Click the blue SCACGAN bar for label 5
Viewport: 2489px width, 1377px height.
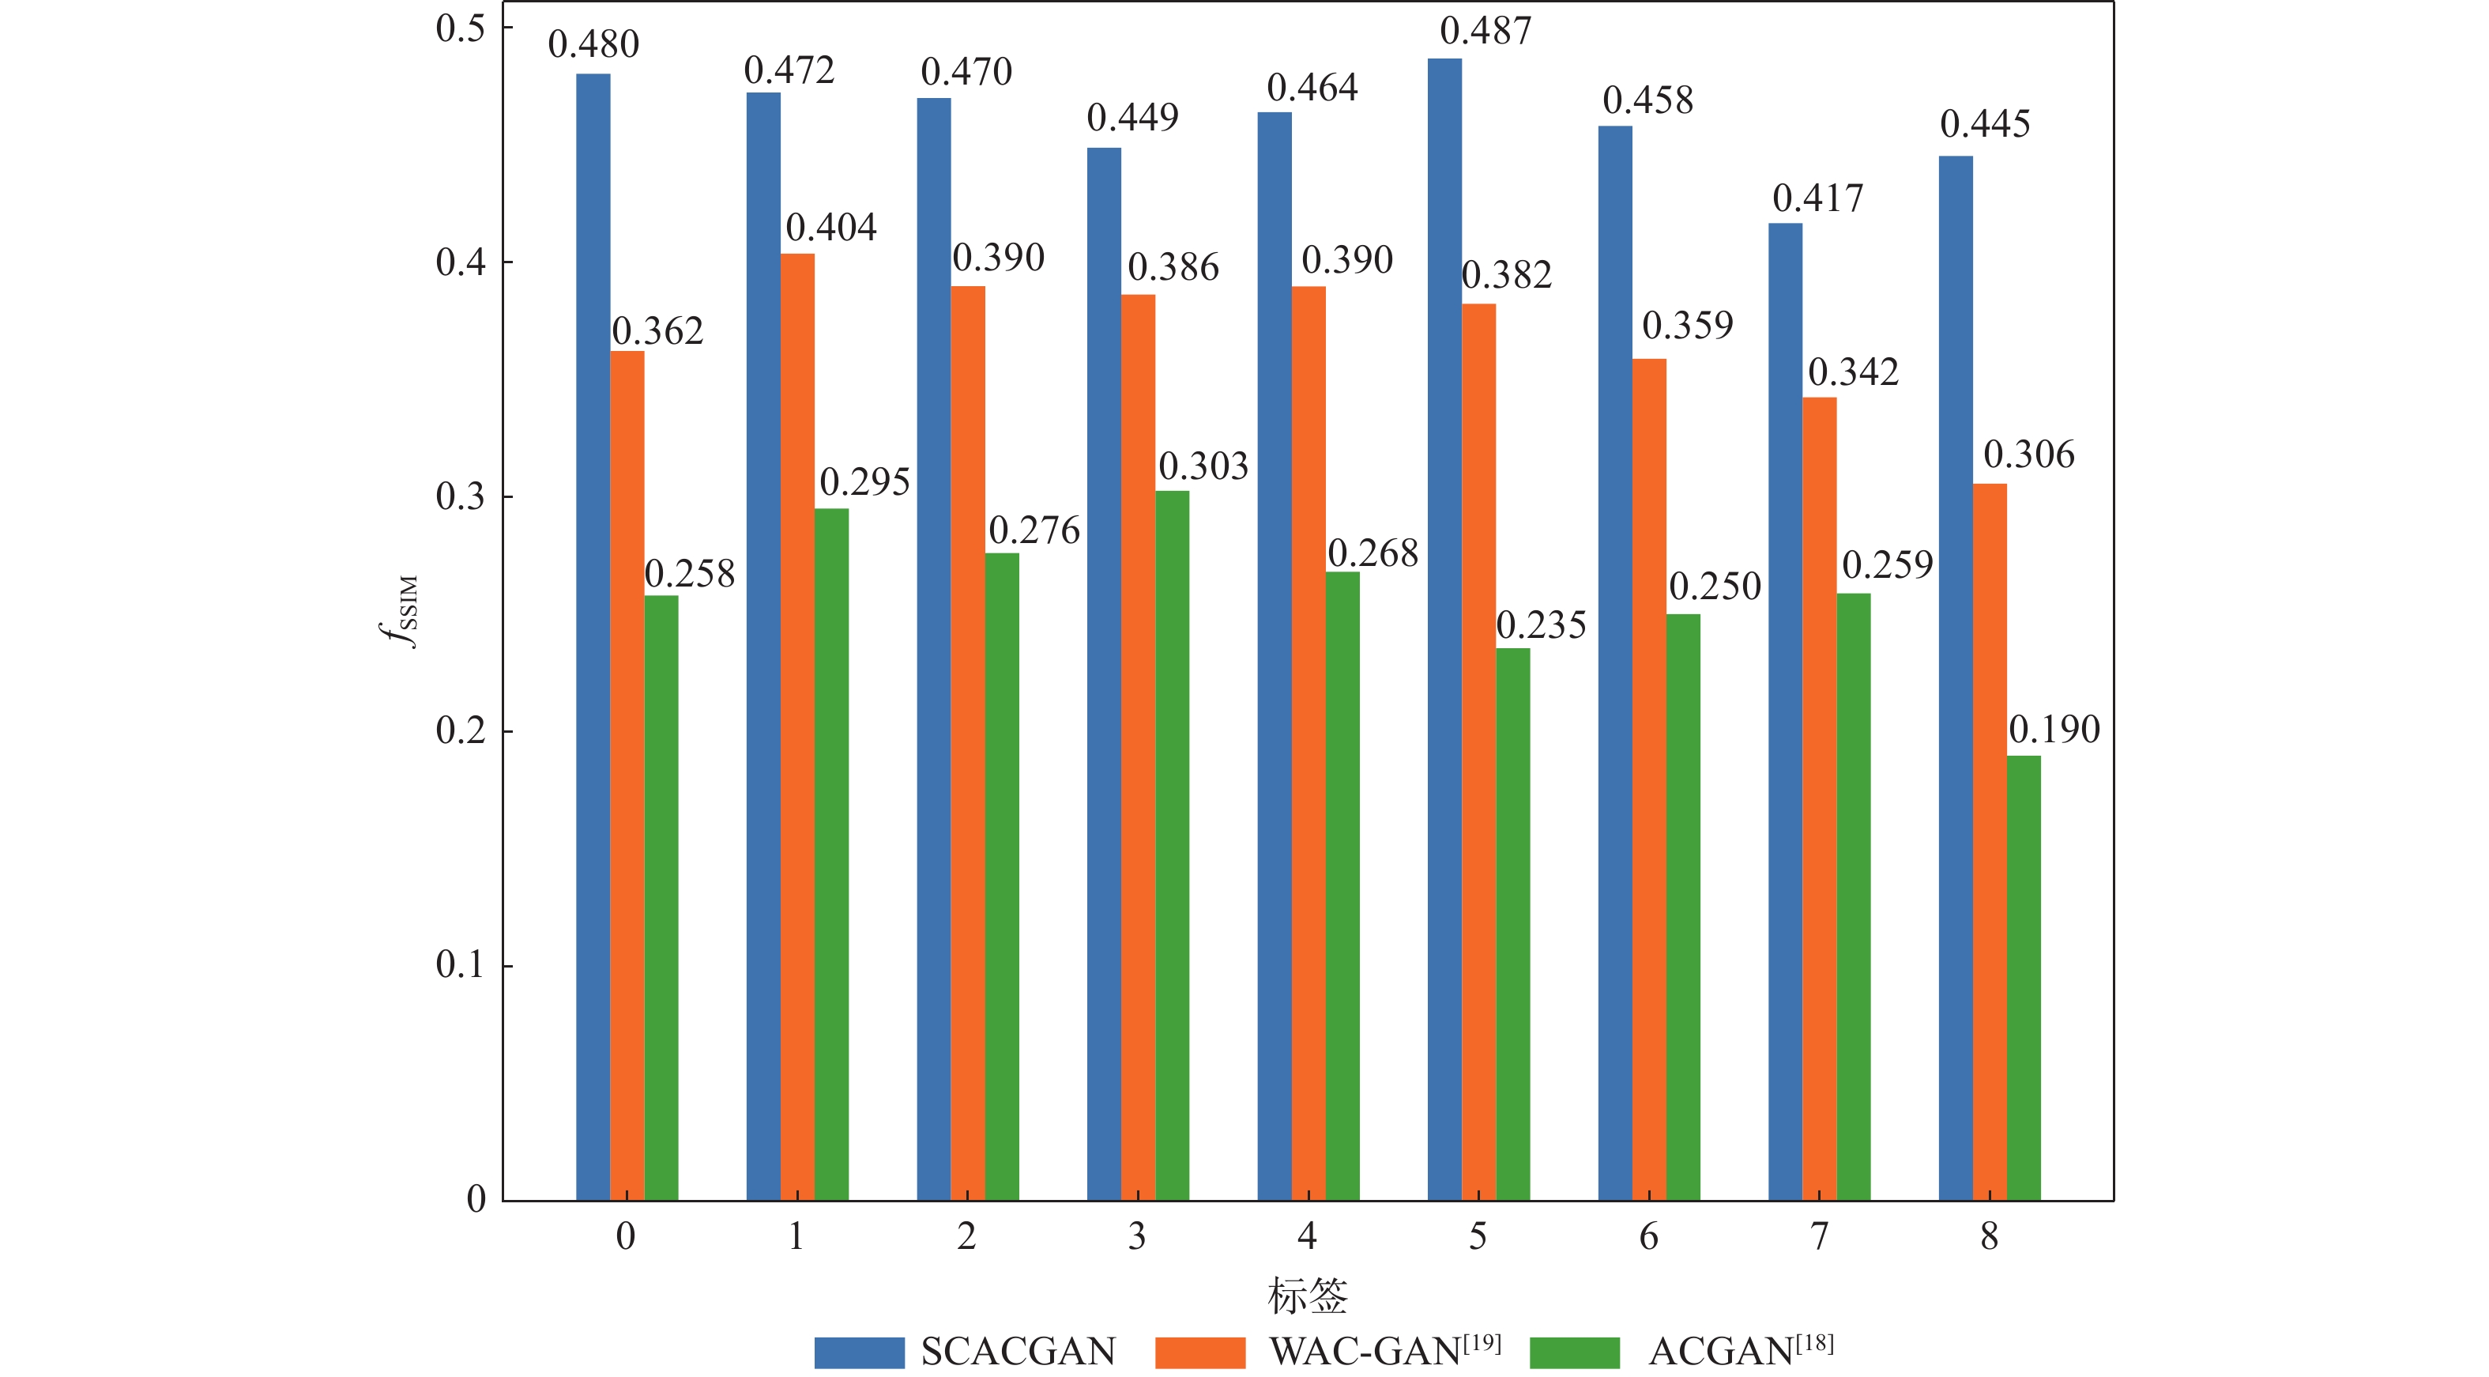[1444, 628]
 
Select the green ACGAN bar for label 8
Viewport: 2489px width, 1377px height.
[2024, 976]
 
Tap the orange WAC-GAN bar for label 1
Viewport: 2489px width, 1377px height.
[797, 725]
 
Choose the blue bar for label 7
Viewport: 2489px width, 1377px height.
[1785, 711]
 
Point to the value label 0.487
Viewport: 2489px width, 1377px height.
[1485, 31]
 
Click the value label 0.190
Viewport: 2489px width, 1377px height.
[2054, 730]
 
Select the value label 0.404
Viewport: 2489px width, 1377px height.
[831, 228]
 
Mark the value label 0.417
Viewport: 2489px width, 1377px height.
[1817, 199]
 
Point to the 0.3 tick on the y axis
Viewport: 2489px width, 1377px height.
[460, 496]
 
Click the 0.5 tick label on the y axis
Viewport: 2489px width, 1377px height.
[460, 29]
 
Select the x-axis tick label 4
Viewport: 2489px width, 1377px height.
[1307, 1236]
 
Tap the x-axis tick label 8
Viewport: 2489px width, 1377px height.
[1989, 1236]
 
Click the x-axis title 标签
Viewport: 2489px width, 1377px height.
[1307, 1295]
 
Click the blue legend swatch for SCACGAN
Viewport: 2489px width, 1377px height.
[859, 1352]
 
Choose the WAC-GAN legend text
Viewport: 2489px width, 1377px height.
[1384, 1351]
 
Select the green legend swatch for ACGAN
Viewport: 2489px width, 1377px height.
[1574, 1352]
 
